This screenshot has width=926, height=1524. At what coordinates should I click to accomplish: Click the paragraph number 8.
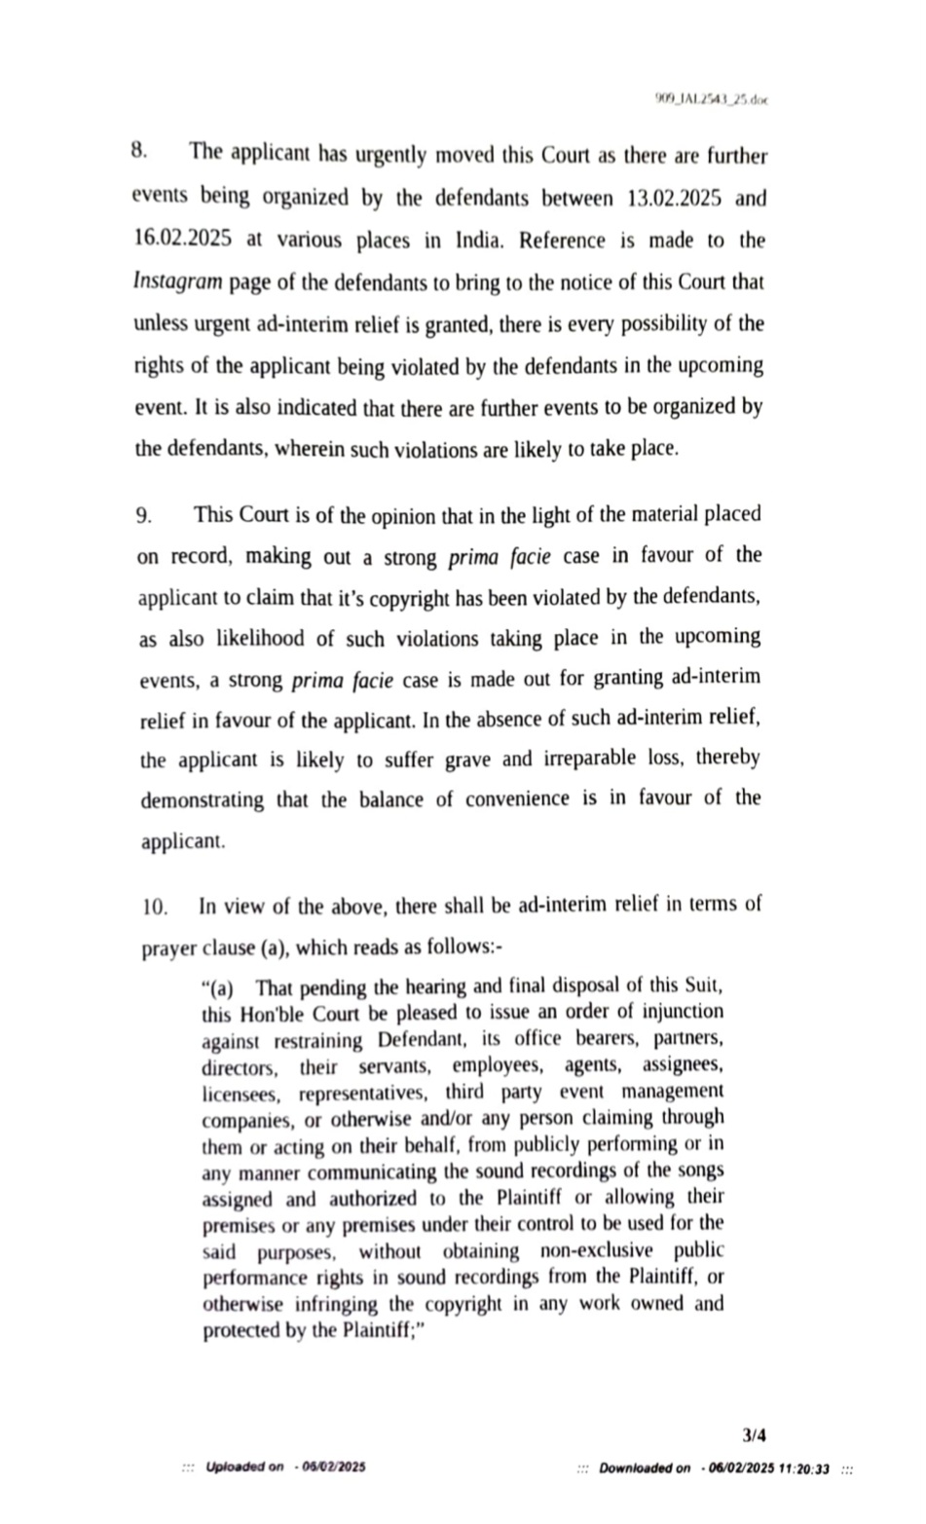(138, 152)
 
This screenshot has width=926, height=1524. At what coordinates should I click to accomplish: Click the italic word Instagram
(177, 282)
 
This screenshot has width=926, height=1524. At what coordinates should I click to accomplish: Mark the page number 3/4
(754, 1434)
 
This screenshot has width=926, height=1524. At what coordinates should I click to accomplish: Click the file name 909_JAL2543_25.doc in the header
(711, 99)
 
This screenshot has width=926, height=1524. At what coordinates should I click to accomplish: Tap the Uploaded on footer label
(245, 1467)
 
